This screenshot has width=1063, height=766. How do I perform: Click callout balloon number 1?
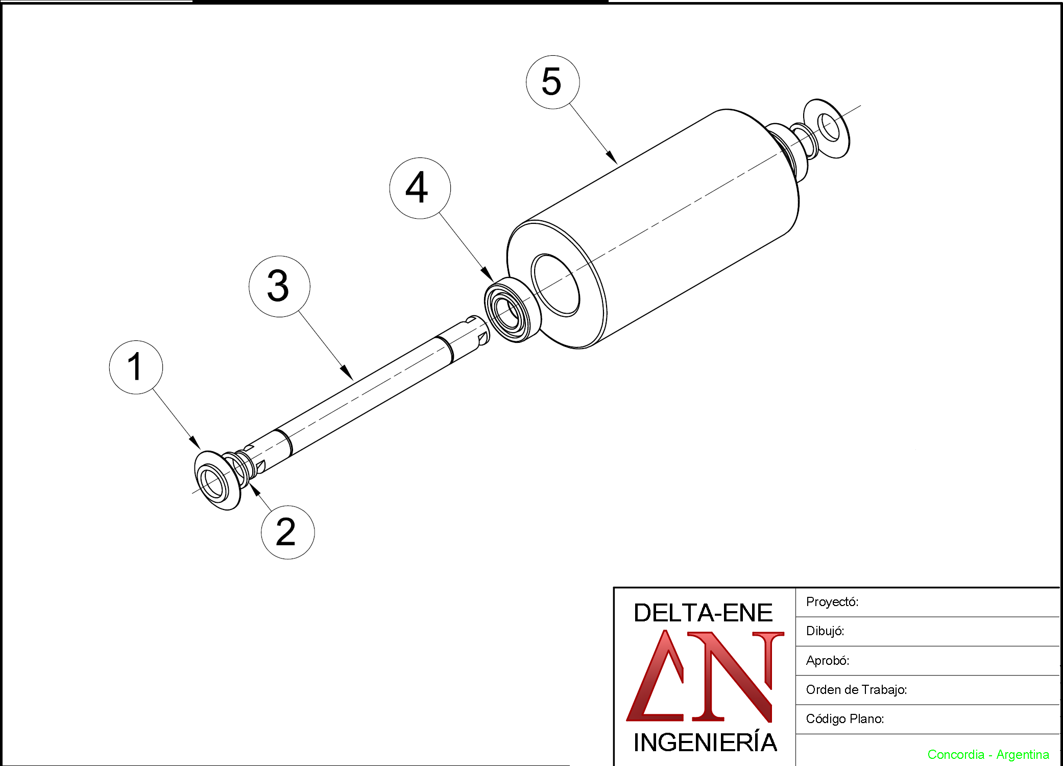[136, 367]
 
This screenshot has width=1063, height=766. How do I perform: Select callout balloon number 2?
[287, 532]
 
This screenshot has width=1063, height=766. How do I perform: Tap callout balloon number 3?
[279, 286]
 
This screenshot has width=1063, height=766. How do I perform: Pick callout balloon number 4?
[420, 188]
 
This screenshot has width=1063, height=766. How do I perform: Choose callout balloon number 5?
[552, 82]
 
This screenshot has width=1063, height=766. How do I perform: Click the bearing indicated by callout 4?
[512, 310]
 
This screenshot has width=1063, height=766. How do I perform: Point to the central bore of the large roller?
[555, 285]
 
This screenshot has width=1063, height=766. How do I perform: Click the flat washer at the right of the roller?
[827, 128]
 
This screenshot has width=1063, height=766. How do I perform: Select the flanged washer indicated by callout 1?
[217, 480]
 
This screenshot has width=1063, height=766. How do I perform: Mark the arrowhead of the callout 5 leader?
[612, 157]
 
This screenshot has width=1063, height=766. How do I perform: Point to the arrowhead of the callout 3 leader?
[347, 373]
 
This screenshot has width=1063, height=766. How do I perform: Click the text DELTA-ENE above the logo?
[703, 613]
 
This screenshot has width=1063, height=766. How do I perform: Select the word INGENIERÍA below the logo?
[705, 741]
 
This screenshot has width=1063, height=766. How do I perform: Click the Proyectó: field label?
[832, 602]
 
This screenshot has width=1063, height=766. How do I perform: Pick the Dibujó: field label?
[825, 632]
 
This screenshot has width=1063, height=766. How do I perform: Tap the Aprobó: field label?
[827, 661]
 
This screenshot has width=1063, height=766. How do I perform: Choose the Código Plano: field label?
[844, 719]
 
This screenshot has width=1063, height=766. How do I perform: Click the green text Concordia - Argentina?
[988, 755]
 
